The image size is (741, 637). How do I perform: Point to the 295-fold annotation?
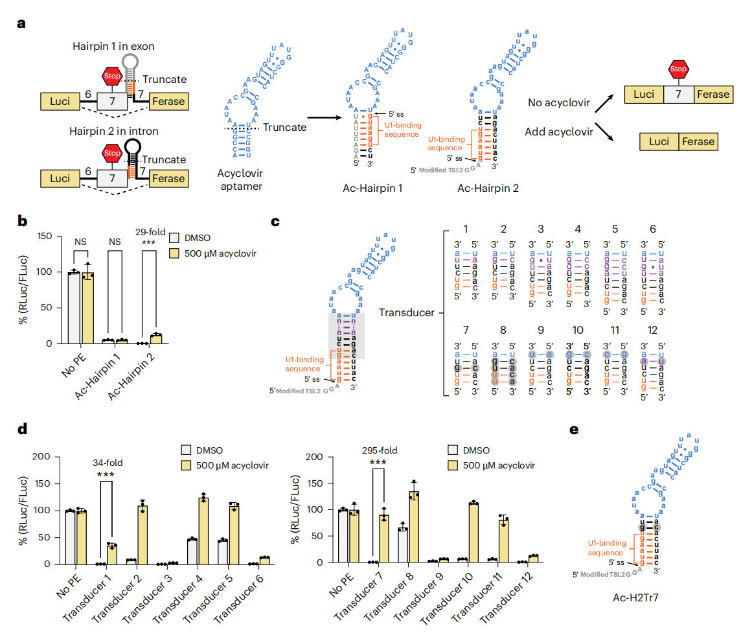pos(379,451)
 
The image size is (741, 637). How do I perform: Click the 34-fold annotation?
pos(107,463)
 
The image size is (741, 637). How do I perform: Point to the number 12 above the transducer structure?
pos(652,330)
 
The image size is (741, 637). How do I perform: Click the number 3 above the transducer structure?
pos(540,229)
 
